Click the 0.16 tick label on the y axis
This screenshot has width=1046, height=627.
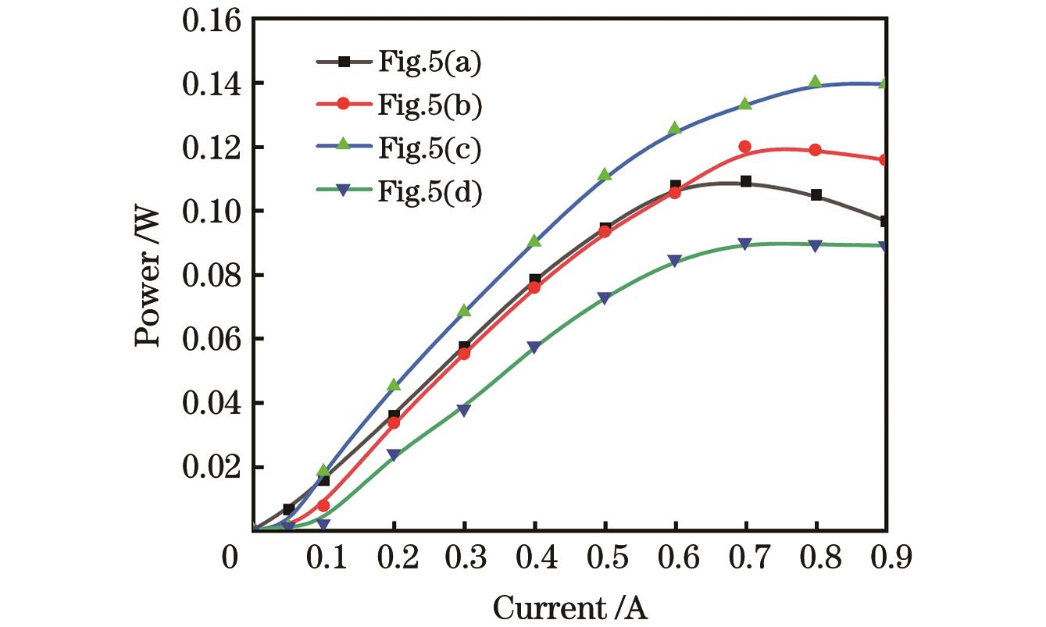click(213, 20)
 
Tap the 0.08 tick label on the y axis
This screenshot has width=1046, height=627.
click(213, 276)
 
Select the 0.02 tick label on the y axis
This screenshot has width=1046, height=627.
click(213, 467)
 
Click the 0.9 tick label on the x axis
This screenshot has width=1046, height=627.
click(886, 559)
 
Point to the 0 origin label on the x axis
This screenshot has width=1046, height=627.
click(230, 559)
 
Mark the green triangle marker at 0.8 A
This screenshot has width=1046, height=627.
click(816, 82)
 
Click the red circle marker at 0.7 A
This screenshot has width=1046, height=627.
click(745, 147)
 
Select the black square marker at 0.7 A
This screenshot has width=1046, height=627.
click(745, 181)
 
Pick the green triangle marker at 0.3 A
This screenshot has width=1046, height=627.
click(464, 311)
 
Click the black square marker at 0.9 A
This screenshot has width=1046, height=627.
click(885, 222)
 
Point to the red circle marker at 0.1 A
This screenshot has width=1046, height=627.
click(323, 505)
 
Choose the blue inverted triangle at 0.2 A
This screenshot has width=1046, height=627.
click(394, 455)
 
